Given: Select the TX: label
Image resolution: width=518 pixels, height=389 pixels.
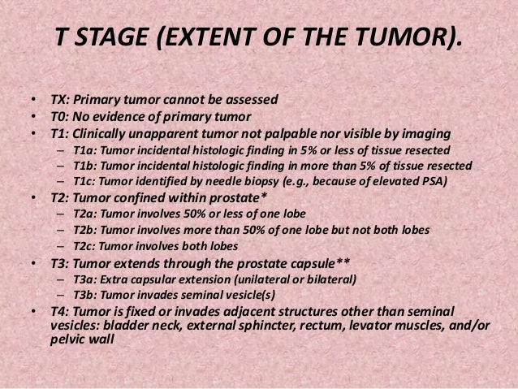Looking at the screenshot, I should point(58,101).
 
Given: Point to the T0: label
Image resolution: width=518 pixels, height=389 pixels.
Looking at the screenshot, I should point(58,116).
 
